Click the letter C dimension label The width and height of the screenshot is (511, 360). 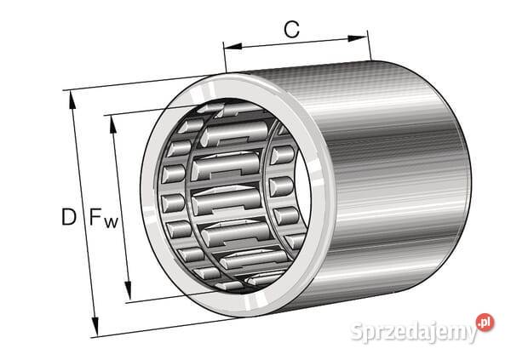[291, 30]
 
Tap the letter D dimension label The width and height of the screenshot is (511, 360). [68, 217]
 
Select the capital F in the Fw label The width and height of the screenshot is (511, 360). [96, 217]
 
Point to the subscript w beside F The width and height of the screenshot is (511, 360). [111, 223]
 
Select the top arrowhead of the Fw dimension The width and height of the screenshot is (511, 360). [111, 121]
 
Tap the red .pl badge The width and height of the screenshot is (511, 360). [484, 323]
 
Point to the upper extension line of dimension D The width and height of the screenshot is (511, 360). [128, 83]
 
